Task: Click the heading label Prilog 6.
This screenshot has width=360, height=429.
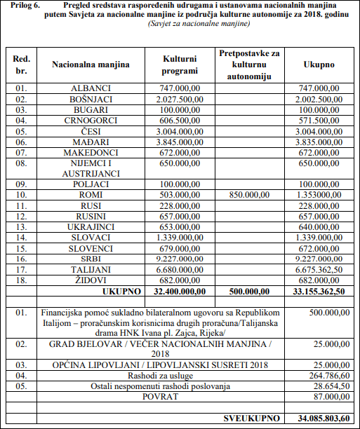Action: coord(23,6)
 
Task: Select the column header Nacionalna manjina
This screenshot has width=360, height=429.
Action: coord(91,65)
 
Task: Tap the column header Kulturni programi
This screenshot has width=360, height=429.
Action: coord(180,65)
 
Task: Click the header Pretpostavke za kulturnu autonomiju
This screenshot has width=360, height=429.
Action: coord(249,64)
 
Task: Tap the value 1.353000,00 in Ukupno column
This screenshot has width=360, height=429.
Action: coord(319,194)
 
